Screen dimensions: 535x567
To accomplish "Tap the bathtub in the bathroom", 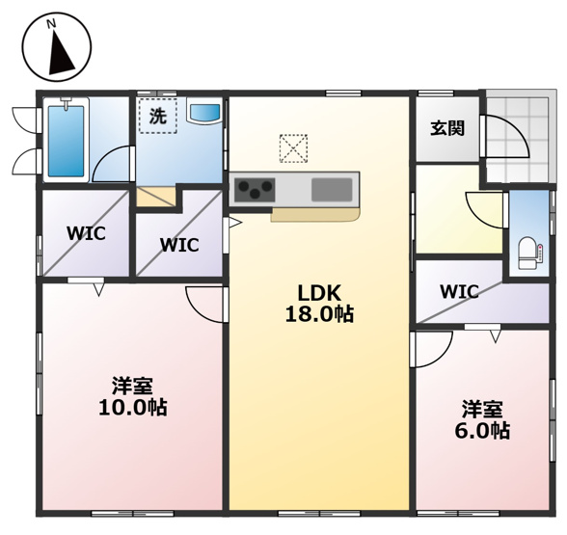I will click(66, 141).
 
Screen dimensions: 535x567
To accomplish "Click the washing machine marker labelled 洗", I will click(156, 116).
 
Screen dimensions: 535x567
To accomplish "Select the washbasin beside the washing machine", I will click(204, 113).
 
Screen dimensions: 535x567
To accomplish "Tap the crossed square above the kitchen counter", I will click(293, 147).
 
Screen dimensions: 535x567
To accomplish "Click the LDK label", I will click(319, 293).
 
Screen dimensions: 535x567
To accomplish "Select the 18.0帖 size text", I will click(319, 314).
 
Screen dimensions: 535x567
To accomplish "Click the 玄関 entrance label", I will click(447, 127).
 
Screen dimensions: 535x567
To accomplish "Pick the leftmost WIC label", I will click(85, 233).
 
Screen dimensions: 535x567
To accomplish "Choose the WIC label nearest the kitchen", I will click(178, 245).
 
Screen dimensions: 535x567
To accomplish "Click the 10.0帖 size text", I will click(132, 409).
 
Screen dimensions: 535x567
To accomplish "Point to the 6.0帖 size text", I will click(482, 432).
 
